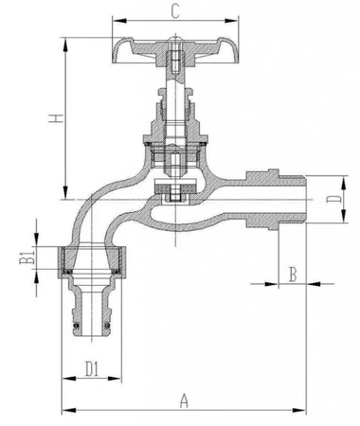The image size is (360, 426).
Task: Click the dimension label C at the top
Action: (176, 11)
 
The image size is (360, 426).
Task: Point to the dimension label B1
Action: (28, 257)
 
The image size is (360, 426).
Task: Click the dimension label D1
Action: (92, 366)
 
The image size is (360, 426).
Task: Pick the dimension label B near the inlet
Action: (293, 274)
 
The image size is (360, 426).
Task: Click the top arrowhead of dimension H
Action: (65, 41)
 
